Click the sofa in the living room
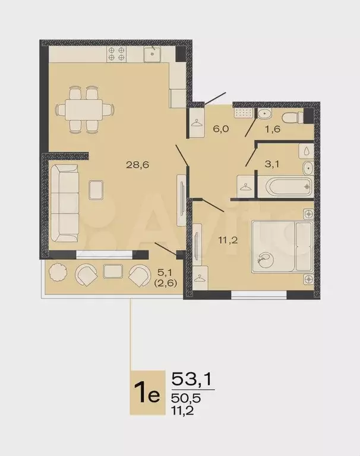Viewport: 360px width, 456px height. [x=64, y=202]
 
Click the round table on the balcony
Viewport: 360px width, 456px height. [x=58, y=272]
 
